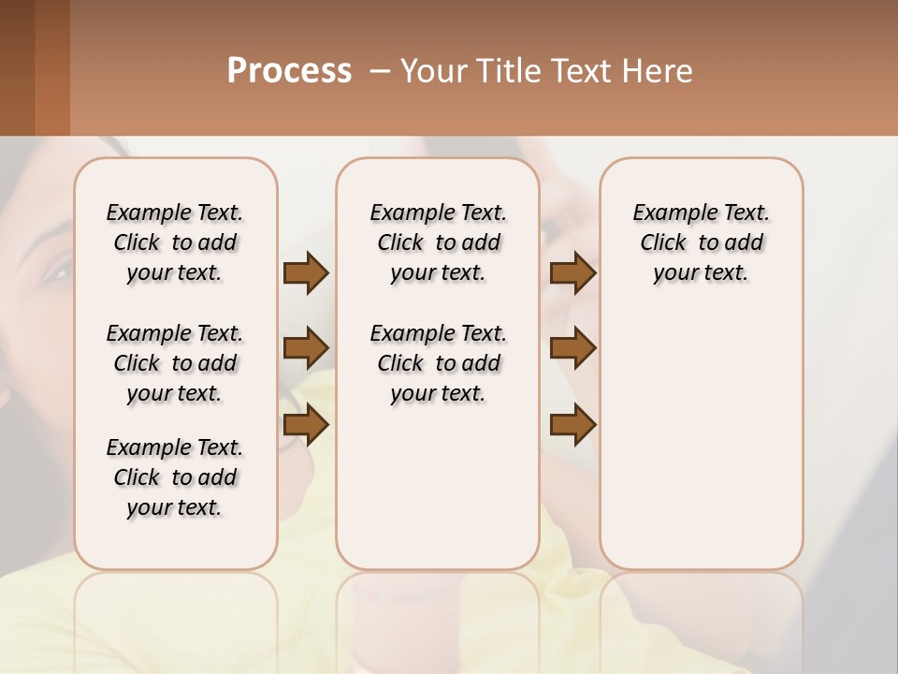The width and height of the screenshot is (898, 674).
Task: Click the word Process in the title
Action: click(x=289, y=71)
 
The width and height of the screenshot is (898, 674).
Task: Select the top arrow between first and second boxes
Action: click(x=306, y=273)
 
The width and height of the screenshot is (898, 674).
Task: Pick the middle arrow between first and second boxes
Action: click(x=306, y=348)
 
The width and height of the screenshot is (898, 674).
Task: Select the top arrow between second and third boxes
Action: click(x=572, y=273)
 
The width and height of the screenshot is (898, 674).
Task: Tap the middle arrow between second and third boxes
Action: click(x=572, y=348)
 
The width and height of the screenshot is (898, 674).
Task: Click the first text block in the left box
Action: click(x=175, y=242)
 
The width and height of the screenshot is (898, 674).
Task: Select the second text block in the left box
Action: click(x=175, y=363)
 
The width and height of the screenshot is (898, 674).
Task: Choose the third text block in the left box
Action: click(x=175, y=477)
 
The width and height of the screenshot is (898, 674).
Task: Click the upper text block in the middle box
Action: click(x=438, y=242)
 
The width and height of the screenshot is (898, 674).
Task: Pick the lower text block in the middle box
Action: click(x=438, y=363)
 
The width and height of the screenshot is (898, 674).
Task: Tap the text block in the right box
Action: click(x=702, y=242)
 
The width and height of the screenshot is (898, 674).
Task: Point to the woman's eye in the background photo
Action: click(x=58, y=272)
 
